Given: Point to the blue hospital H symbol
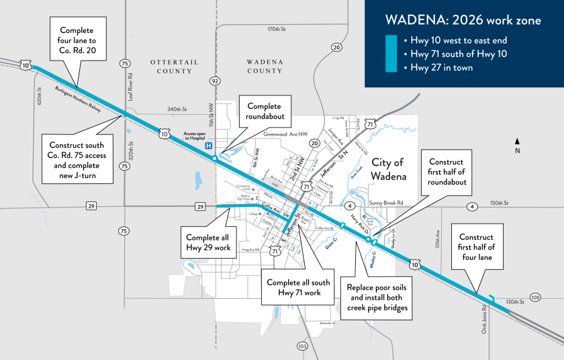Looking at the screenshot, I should click(x=209, y=145).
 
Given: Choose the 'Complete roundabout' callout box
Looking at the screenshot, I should click(x=269, y=111).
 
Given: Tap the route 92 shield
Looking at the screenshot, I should click(x=215, y=81).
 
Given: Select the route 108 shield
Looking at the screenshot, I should click(x=535, y=297).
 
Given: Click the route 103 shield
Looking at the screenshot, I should click(x=302, y=346).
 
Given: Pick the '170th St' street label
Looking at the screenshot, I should click(x=276, y=30).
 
